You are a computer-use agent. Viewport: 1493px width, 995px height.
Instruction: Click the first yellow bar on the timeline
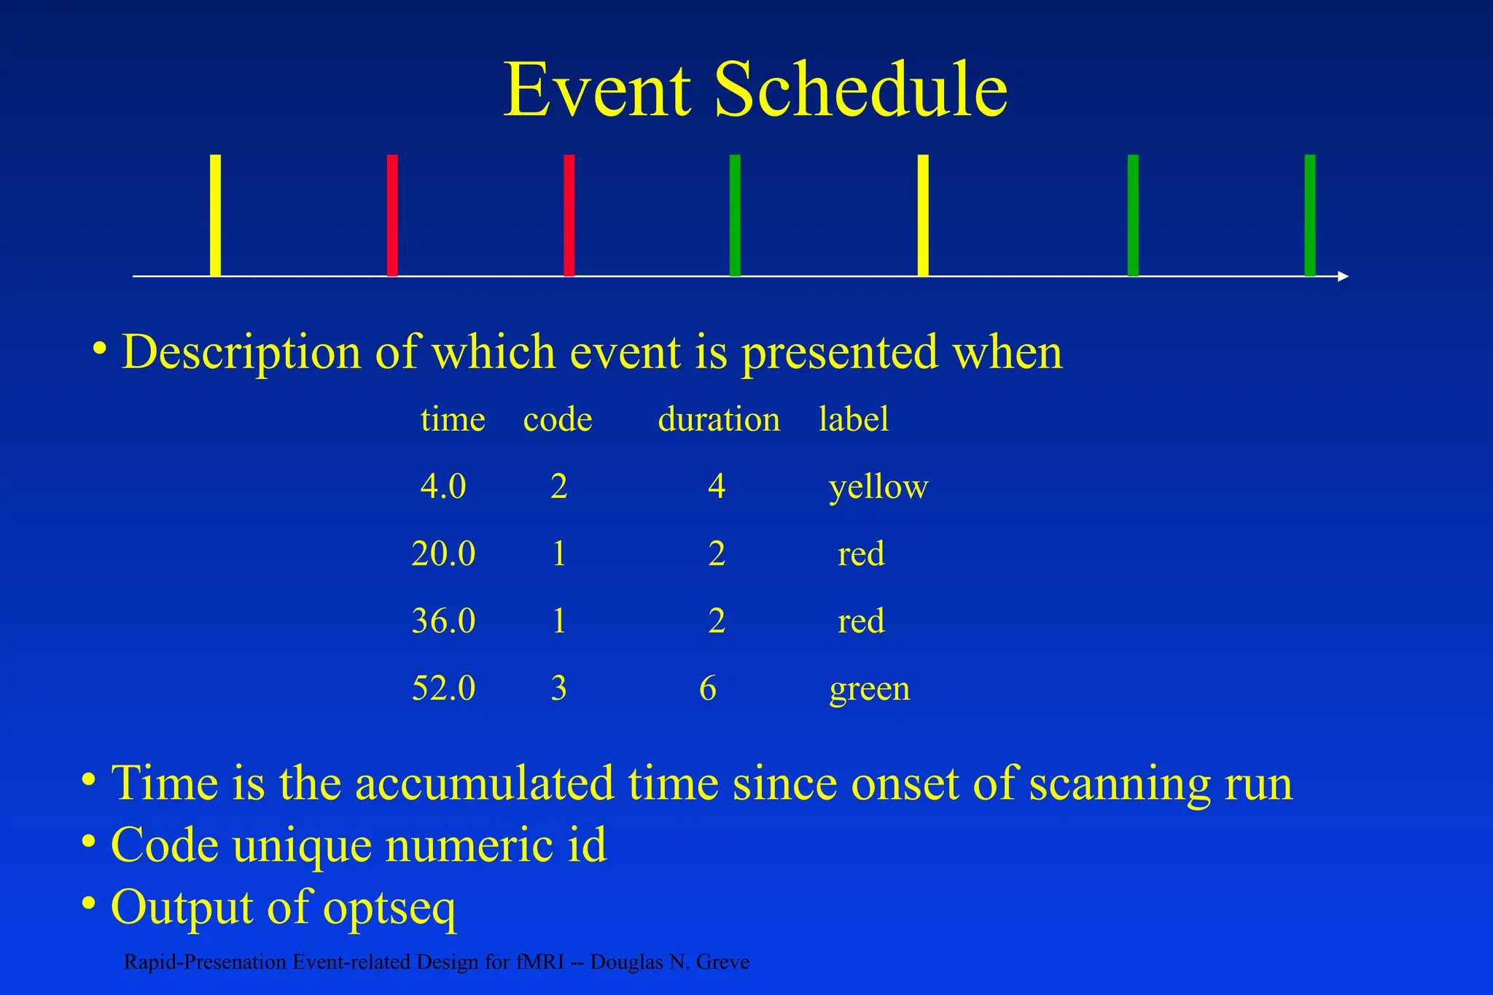point(215,215)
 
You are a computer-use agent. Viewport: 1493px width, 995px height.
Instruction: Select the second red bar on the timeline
point(569,215)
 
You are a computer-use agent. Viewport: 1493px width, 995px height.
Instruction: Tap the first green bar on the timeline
point(735,215)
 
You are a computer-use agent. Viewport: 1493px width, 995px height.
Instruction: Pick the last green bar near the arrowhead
point(1310,215)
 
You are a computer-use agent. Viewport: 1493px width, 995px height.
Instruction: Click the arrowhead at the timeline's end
point(1344,276)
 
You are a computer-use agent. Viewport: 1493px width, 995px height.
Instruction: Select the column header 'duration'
point(719,420)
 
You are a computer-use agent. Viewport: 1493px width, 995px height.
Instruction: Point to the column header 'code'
point(558,420)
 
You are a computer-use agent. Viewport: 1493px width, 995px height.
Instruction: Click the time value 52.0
point(443,688)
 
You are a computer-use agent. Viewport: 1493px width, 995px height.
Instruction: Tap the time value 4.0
point(443,486)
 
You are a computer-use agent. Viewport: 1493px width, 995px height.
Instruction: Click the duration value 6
point(708,688)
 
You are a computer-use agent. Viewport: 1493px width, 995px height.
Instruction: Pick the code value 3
point(558,688)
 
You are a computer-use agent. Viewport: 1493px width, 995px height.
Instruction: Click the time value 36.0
point(443,621)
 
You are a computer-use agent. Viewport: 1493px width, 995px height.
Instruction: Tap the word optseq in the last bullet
point(389,908)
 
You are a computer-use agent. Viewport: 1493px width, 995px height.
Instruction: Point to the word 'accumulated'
point(485,784)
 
